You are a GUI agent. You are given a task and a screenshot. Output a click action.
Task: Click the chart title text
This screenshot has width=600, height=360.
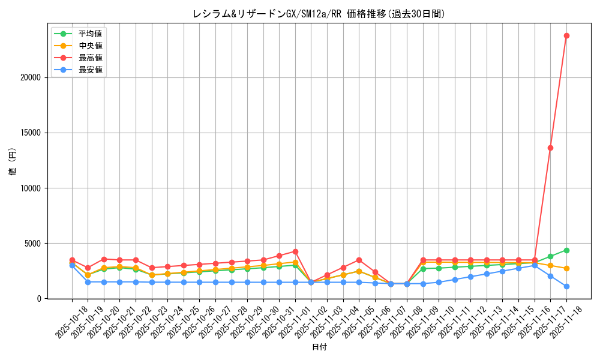(x=319, y=14)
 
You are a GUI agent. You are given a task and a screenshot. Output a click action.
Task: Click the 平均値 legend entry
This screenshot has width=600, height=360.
(x=90, y=34)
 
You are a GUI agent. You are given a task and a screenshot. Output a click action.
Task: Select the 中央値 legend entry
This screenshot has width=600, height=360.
(x=90, y=46)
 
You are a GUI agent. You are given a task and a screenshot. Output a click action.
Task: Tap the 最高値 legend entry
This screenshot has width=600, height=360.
(x=90, y=58)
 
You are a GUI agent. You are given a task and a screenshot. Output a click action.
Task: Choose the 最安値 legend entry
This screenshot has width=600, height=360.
(x=90, y=70)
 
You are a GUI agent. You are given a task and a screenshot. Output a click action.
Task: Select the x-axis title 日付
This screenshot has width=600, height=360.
(x=319, y=347)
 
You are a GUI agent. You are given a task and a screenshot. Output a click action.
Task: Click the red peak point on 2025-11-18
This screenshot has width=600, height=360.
(x=566, y=35)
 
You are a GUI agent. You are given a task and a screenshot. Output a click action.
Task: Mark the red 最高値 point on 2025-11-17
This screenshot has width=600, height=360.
(x=550, y=148)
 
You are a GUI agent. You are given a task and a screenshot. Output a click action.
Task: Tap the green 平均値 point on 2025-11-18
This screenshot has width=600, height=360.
(x=566, y=250)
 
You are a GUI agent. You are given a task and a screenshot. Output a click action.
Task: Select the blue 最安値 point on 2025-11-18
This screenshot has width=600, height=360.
(x=566, y=286)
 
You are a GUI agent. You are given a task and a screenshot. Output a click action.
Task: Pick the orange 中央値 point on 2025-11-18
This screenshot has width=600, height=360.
(x=566, y=268)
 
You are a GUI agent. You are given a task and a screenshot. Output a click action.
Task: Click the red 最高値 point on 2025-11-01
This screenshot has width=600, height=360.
(x=295, y=251)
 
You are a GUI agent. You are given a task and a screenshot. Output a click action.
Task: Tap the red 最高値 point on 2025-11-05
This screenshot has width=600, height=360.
(x=359, y=260)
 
